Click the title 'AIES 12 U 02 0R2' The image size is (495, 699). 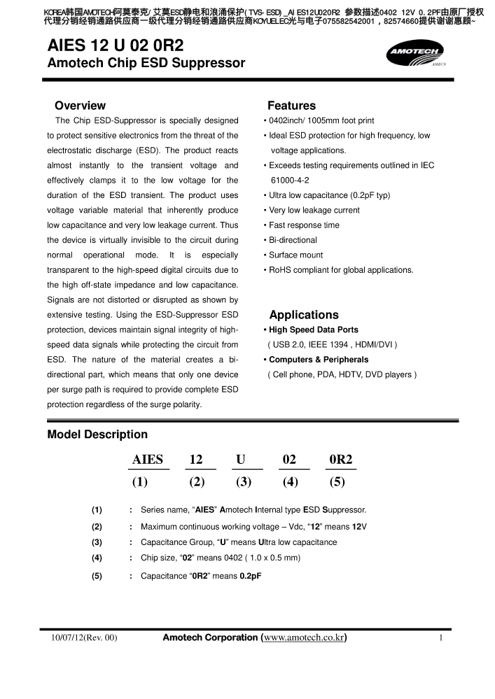point(115,47)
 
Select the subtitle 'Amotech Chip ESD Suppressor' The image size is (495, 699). point(146,64)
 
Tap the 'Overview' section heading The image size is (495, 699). point(80,106)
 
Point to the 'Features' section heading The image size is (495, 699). point(291,106)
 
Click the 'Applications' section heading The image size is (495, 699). point(304,315)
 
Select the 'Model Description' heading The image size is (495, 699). point(97,435)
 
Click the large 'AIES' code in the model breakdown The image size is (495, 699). point(148,460)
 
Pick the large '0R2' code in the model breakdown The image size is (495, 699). point(341,460)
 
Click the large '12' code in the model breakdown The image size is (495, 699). point(196,460)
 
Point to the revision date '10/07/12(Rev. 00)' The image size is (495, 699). point(84,638)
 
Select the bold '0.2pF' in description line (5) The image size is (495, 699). point(251,576)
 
